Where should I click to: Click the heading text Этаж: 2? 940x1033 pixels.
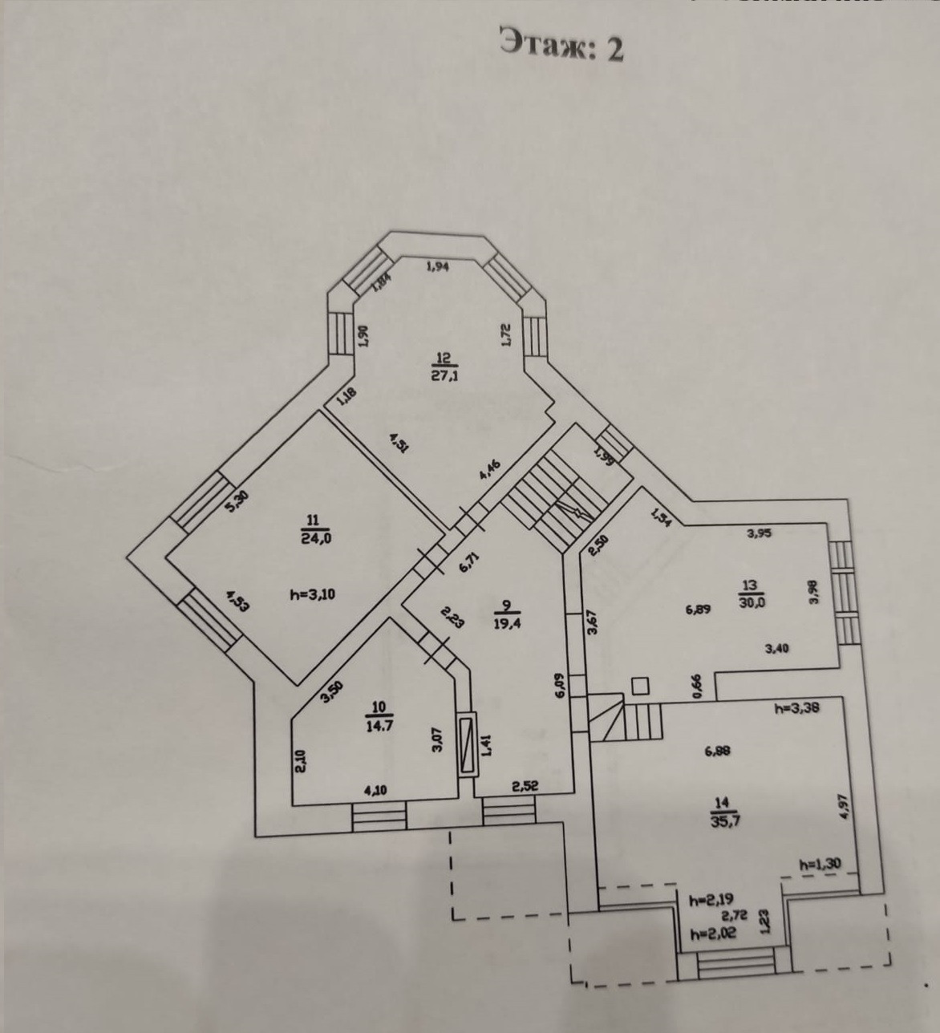(561, 45)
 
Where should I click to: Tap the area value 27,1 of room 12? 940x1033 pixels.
(444, 375)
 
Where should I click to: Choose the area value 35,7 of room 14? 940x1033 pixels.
(724, 820)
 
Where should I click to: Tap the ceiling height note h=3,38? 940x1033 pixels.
(796, 708)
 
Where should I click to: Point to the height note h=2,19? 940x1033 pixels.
(711, 900)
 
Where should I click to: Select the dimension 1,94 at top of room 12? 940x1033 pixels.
(437, 267)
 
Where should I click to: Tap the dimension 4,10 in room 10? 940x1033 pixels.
(376, 790)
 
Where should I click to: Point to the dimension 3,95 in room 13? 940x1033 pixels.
(759, 532)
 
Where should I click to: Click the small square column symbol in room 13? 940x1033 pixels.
(640, 686)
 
